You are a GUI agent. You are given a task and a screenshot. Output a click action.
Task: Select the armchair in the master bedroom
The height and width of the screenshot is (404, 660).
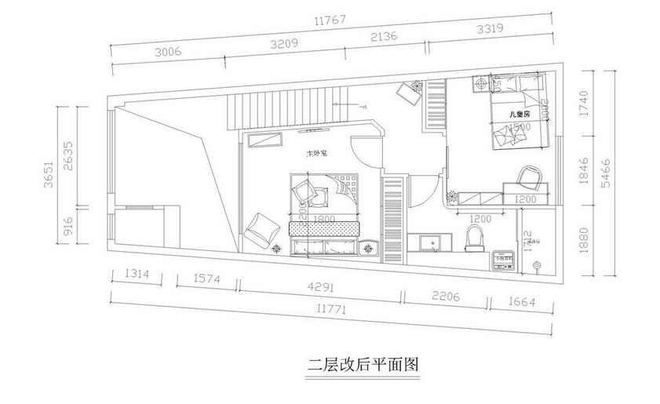click(x=261, y=229)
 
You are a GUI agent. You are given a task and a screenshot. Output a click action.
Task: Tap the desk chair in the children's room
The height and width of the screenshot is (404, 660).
click(x=529, y=176)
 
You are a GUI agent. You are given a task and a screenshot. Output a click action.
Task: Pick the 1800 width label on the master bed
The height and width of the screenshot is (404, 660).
click(x=323, y=218)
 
